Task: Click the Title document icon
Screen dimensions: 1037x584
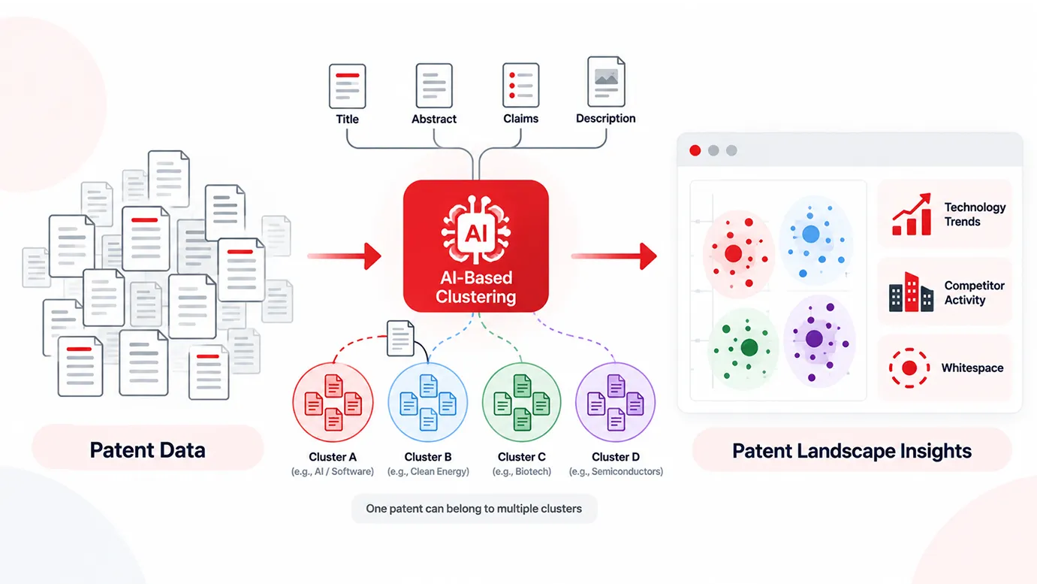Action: point(347,86)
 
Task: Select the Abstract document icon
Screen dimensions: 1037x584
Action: point(434,86)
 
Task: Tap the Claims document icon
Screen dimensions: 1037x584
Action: point(521,85)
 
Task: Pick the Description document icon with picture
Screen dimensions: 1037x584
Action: point(606,82)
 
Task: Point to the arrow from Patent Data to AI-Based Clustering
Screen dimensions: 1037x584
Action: point(345,256)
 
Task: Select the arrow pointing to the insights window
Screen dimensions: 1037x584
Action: point(614,256)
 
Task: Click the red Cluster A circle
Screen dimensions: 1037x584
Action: point(333,402)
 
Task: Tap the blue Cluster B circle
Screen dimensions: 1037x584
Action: point(428,402)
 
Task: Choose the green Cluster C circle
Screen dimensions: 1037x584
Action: point(522,402)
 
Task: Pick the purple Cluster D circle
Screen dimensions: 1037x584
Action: point(615,402)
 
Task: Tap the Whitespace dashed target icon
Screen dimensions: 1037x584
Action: point(909,368)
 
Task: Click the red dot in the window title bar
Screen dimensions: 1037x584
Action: point(695,150)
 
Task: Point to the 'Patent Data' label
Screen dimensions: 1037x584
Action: point(148,450)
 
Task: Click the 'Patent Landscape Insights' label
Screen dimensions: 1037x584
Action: point(852,450)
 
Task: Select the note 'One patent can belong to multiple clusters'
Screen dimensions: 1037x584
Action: point(474,508)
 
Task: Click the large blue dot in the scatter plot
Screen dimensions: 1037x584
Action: point(811,234)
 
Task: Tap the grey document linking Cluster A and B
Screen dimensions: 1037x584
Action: point(400,338)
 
